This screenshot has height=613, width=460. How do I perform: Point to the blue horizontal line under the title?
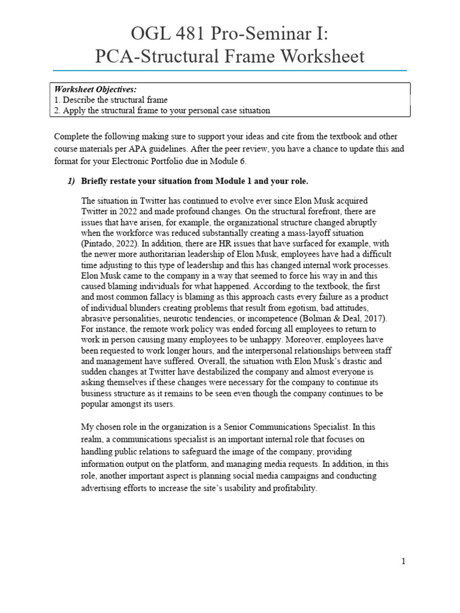[230, 70]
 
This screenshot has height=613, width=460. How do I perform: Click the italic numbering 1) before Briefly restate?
[71, 181]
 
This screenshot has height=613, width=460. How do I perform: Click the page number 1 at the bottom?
[404, 561]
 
